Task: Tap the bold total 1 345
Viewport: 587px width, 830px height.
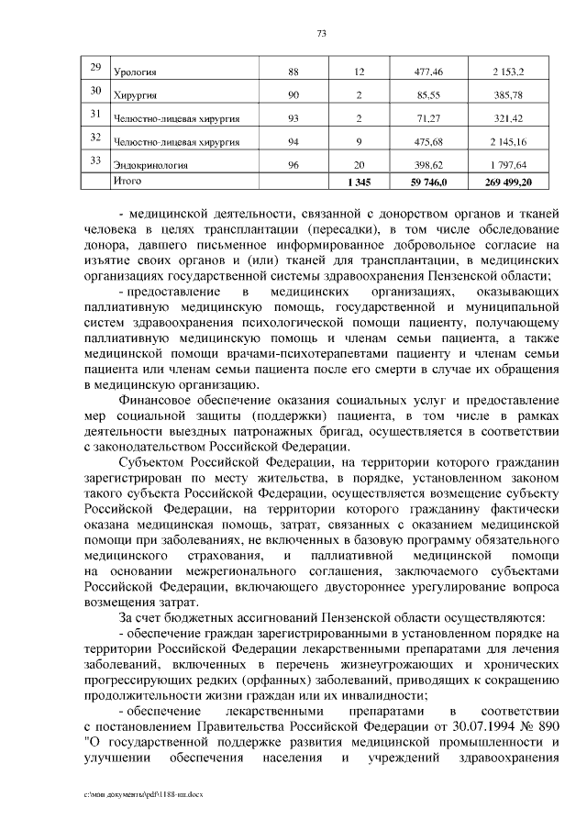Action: tap(360, 183)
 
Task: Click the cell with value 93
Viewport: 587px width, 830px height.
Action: tap(293, 118)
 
